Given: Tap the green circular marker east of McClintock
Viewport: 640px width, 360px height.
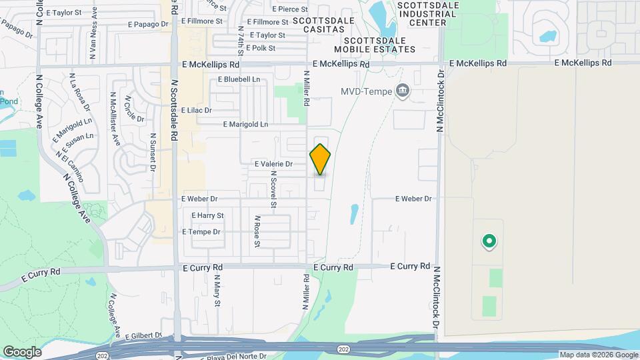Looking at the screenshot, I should [489, 241].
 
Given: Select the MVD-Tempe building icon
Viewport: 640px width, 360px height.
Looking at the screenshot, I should [403, 91].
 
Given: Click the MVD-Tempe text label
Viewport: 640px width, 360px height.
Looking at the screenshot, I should [367, 91].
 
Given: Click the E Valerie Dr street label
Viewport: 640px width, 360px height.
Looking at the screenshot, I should [273, 163].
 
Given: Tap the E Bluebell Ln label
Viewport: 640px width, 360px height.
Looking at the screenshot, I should [239, 79].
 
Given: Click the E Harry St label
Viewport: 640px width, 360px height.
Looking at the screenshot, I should [207, 215].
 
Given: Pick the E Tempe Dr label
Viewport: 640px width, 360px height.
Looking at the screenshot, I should [201, 232].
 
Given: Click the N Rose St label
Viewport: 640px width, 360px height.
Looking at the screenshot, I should [256, 231].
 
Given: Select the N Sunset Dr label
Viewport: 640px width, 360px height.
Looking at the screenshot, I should [153, 153].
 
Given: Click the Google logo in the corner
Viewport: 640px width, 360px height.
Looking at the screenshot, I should [22, 352].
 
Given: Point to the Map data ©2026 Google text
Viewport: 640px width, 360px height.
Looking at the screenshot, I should [599, 355].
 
